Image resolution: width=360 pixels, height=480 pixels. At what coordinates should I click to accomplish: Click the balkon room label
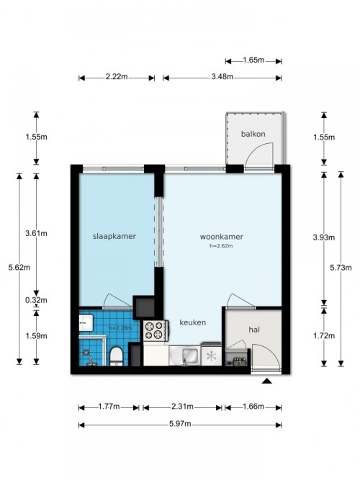(253, 134)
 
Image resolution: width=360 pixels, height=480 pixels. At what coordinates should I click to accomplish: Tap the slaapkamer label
(114, 236)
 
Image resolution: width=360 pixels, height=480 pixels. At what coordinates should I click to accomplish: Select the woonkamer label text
(222, 237)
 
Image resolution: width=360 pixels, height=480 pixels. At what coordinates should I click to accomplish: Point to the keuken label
(193, 322)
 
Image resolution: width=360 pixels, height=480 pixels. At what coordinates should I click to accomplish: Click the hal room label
(254, 330)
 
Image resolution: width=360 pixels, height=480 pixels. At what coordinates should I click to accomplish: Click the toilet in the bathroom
(116, 356)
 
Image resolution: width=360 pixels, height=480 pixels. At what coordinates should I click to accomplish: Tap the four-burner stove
(156, 330)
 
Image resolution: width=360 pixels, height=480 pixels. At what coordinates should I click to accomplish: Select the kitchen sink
(184, 356)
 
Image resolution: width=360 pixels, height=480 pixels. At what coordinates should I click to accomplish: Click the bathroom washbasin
(86, 322)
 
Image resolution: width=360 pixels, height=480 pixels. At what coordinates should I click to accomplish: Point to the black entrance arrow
(267, 381)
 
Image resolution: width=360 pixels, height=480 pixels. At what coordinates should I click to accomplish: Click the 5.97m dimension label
(180, 424)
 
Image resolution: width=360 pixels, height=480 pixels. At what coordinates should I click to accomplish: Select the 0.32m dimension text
(36, 300)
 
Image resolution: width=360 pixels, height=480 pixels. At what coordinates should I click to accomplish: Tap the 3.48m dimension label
(222, 76)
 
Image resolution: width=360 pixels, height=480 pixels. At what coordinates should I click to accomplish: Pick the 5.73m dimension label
(341, 268)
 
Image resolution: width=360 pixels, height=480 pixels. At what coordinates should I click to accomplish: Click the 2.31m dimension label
(182, 407)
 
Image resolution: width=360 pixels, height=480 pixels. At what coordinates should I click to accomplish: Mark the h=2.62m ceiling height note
(221, 246)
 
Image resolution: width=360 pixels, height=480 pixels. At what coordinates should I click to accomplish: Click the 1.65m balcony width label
(253, 60)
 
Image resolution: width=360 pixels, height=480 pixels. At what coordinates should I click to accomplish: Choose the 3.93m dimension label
(324, 237)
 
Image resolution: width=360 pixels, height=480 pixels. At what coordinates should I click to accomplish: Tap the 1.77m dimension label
(109, 407)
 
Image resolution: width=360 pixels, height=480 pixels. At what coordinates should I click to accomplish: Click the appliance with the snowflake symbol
(211, 354)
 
